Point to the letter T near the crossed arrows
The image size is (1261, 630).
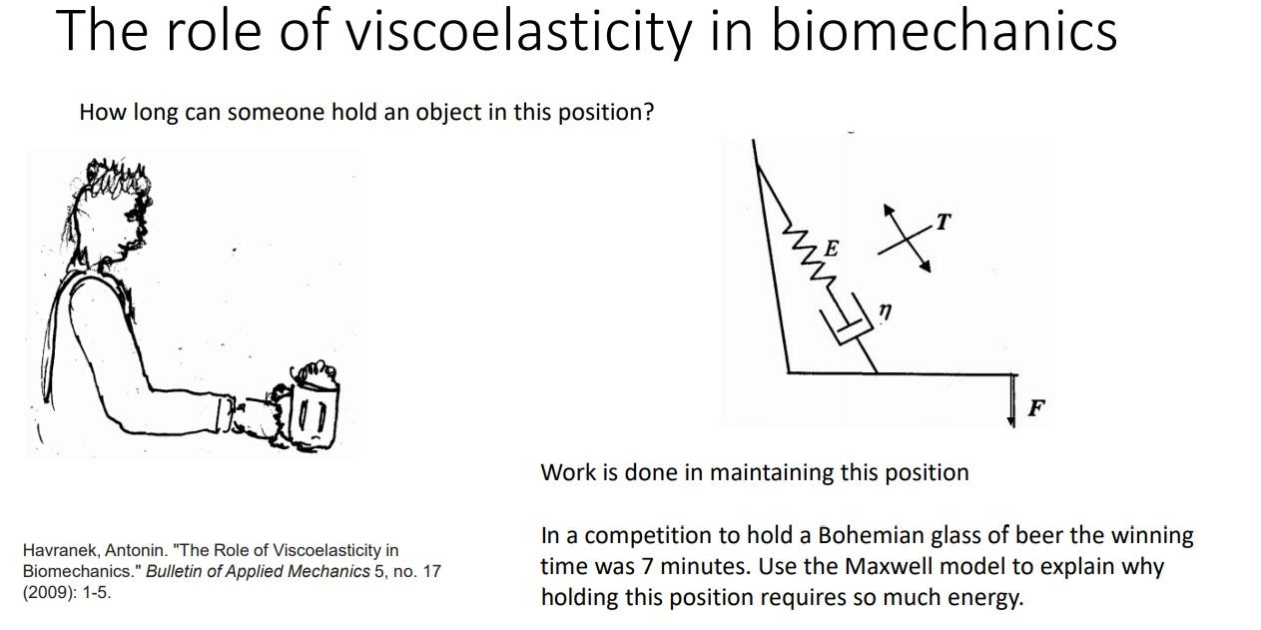943,222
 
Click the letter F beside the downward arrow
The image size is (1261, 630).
1036,407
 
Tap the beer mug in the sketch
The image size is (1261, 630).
313,409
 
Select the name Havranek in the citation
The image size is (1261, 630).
59,550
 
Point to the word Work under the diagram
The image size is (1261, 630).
566,472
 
